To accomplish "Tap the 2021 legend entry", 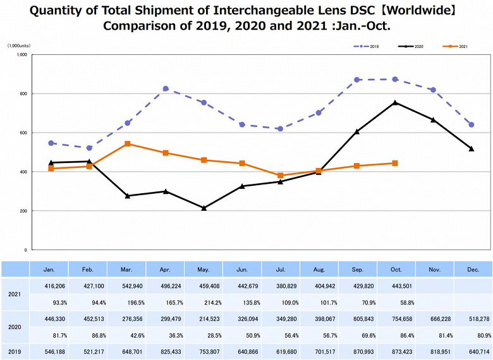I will tap(459, 46).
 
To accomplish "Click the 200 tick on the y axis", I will tap(23, 211).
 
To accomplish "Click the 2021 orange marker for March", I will tap(128, 144).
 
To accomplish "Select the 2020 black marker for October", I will tap(395, 102).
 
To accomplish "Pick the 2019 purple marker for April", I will tap(166, 88).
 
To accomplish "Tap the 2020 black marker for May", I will tap(204, 208).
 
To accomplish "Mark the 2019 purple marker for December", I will tap(472, 124).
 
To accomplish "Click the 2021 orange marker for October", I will tap(395, 163).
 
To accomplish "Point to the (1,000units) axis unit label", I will tap(20, 46).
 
